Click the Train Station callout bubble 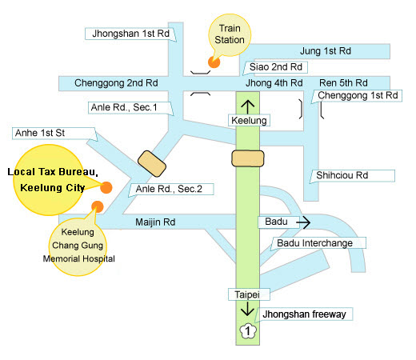(x=230, y=34)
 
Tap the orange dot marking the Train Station (x=214, y=62)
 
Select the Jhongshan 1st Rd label (x=130, y=34)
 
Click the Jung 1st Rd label (x=326, y=51)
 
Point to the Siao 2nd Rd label (x=276, y=67)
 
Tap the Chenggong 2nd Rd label (x=116, y=83)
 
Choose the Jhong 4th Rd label (x=274, y=83)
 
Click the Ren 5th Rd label (x=343, y=83)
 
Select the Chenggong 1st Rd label (x=358, y=95)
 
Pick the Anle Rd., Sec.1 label (x=124, y=107)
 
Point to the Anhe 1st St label (x=40, y=133)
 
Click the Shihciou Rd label (x=342, y=175)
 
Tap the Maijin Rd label (x=155, y=222)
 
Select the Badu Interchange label (x=314, y=243)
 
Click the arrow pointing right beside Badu (x=303, y=222)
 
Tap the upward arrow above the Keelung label (x=248, y=107)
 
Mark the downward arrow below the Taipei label (x=247, y=309)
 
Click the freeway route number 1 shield (x=248, y=331)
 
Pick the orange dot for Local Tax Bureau (x=106, y=187)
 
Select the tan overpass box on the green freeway (x=248, y=158)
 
